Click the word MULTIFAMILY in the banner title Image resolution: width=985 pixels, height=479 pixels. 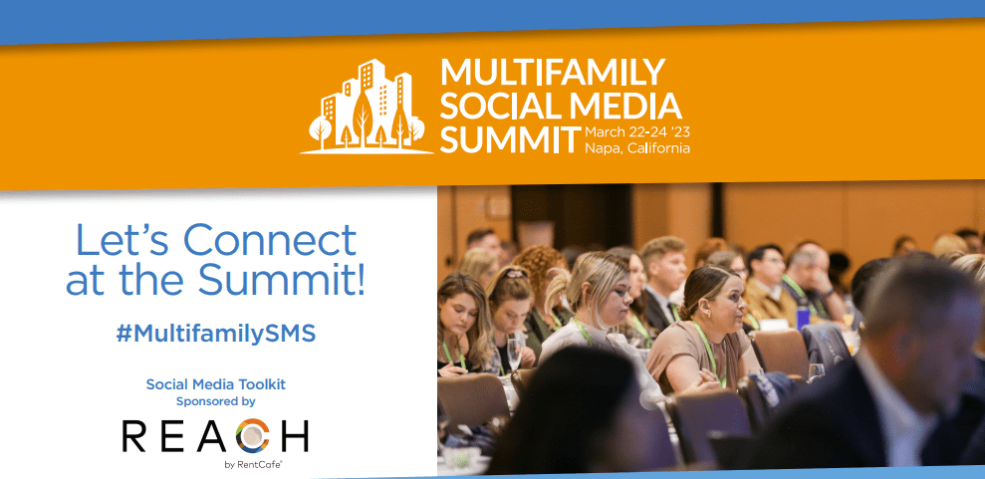pos(553,72)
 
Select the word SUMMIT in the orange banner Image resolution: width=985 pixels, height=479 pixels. pos(510,139)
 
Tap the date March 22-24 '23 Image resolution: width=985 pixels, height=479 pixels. pos(637,133)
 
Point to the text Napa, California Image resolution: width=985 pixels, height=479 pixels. pos(637,148)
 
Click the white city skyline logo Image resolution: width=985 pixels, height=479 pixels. pos(367,107)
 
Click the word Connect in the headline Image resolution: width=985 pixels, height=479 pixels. pos(270,241)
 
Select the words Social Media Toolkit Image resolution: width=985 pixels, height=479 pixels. pos(215,384)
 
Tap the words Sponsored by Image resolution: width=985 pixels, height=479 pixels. pos(215,401)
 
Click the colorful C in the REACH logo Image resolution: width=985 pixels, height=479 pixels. pos(256,436)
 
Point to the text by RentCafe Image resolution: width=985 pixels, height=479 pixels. pos(253,465)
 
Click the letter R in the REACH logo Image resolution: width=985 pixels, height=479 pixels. pos(134,436)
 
